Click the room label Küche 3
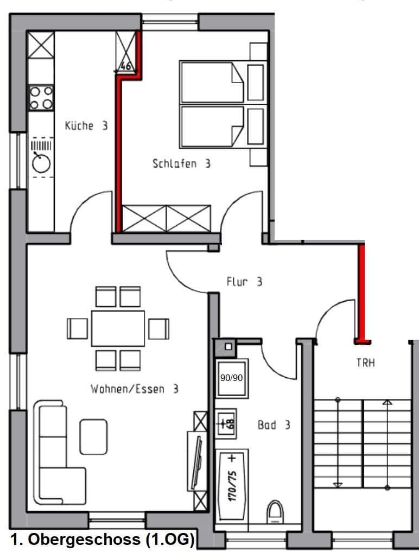point(86,126)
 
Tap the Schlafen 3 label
point(181,163)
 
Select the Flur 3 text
point(244,282)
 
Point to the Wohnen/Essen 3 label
point(135,389)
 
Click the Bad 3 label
point(274,425)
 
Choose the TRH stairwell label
point(365,363)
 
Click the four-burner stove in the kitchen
point(41,98)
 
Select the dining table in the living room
point(118,328)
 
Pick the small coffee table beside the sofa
point(93,436)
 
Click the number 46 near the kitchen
point(125,67)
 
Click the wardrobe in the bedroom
point(167,218)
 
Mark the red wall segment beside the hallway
point(361,293)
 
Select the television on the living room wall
point(198,461)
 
